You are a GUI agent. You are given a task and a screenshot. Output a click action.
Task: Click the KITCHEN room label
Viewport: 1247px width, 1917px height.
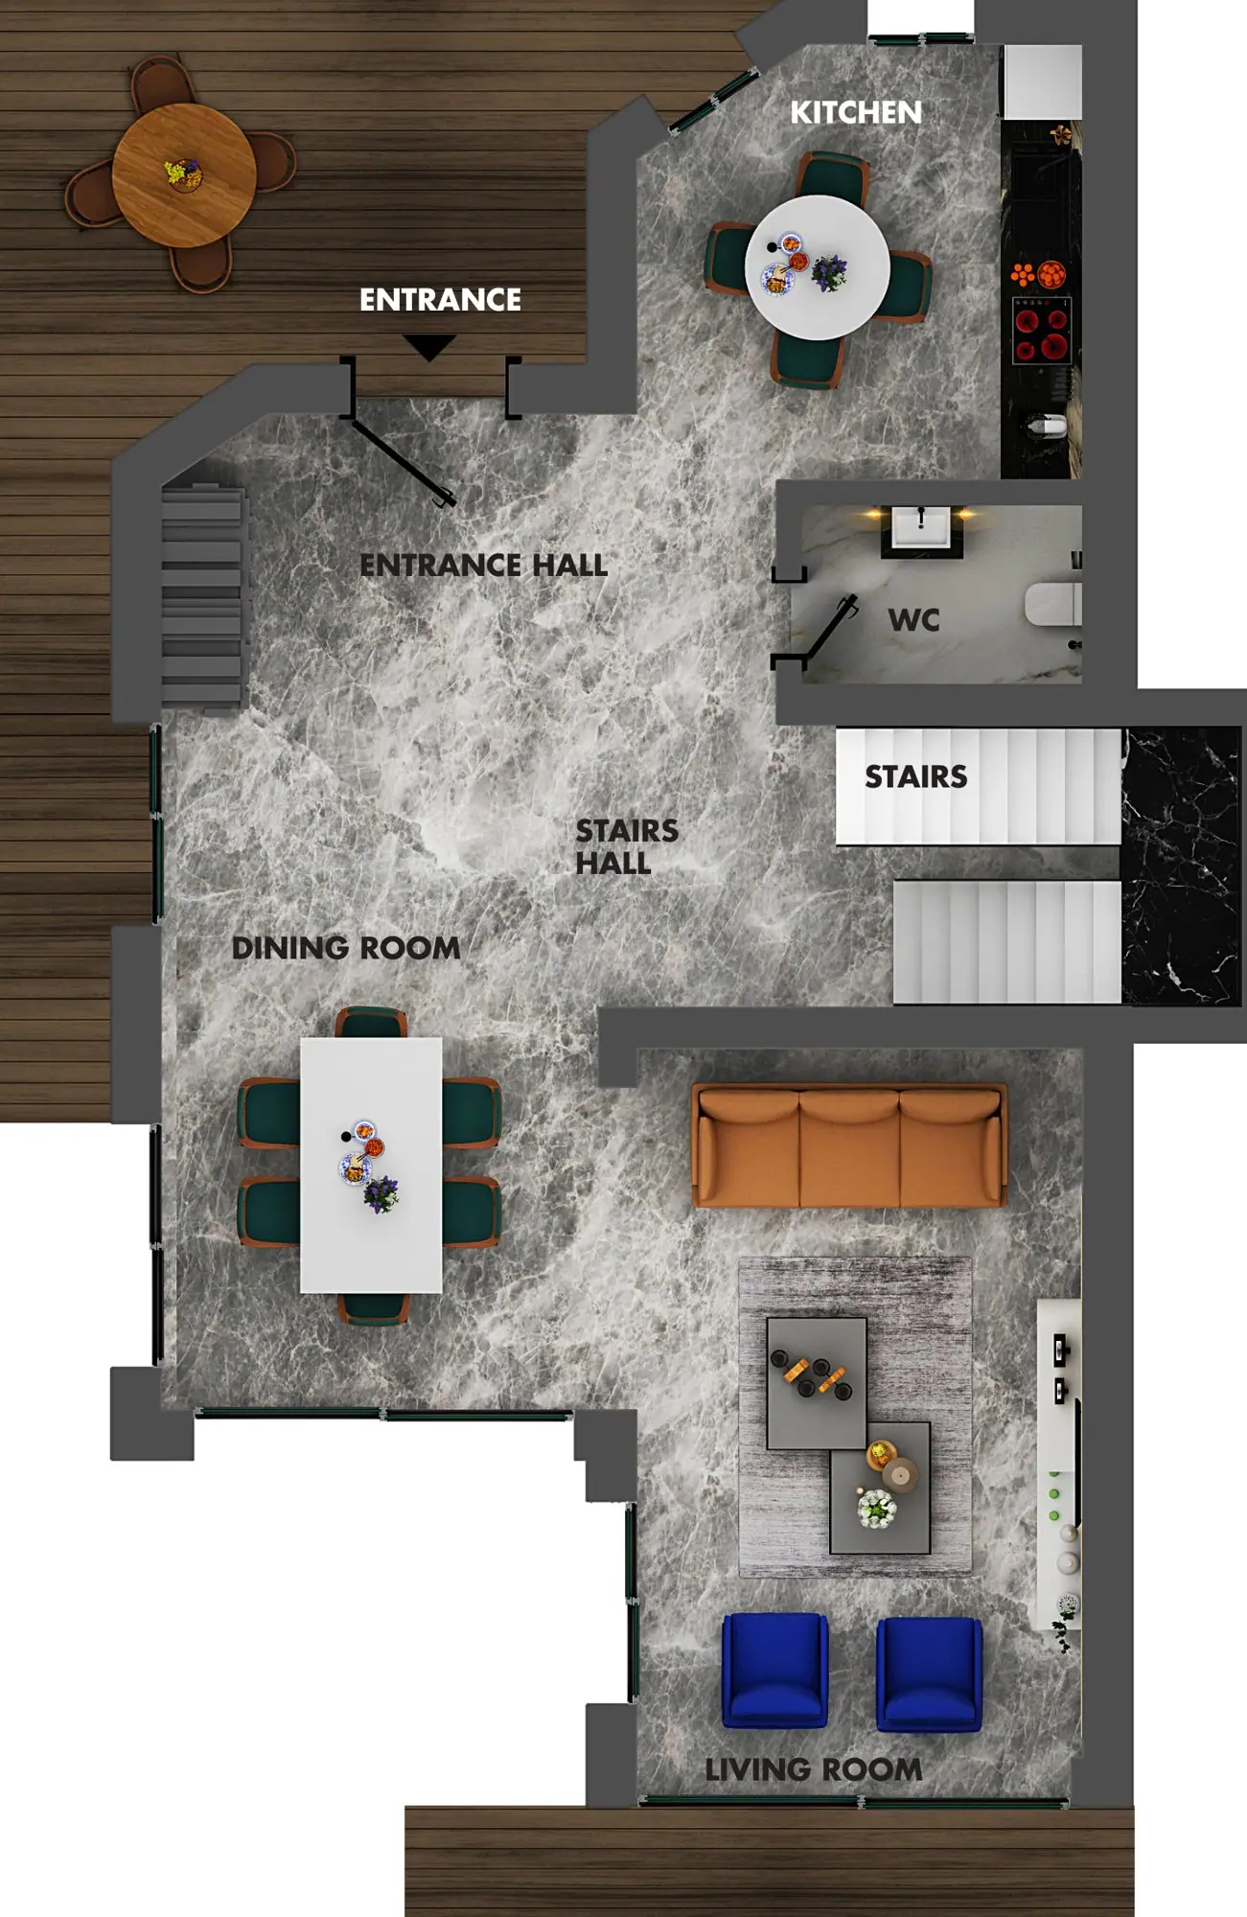tap(855, 112)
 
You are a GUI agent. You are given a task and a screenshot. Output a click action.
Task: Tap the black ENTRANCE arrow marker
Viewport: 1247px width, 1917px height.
tap(428, 346)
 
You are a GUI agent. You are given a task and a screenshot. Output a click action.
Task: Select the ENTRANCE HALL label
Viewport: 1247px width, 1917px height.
tap(483, 566)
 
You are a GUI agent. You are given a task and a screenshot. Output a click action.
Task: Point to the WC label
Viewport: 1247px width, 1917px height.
tap(913, 620)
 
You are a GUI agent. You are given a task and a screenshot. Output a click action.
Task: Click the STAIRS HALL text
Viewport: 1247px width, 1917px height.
tap(627, 846)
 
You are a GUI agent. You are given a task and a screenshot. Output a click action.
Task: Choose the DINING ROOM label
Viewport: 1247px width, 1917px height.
tap(346, 948)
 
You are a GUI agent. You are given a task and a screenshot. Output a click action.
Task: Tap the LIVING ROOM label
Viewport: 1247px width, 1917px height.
tap(813, 1769)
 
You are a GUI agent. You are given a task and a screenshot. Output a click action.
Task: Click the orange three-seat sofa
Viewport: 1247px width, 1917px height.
tap(849, 1145)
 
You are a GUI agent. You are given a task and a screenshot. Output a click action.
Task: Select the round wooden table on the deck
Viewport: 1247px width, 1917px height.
tap(184, 175)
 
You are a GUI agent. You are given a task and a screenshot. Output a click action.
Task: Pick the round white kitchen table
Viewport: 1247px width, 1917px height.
tap(818, 267)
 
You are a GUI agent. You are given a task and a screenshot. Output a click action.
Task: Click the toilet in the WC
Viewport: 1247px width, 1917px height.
tap(1053, 604)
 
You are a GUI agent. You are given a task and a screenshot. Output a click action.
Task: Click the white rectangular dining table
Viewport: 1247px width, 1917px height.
tap(371, 1165)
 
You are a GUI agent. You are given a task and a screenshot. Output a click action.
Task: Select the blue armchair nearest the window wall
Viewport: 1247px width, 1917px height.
tap(774, 1671)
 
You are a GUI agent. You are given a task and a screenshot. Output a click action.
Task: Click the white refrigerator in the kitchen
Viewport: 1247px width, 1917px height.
tap(1042, 81)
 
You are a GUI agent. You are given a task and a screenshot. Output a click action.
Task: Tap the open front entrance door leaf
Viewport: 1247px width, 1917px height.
tap(401, 460)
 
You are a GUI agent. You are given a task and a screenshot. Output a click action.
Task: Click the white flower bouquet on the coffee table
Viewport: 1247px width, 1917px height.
tap(876, 1508)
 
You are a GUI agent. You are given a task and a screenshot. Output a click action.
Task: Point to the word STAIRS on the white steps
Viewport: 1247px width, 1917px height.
tap(915, 776)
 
